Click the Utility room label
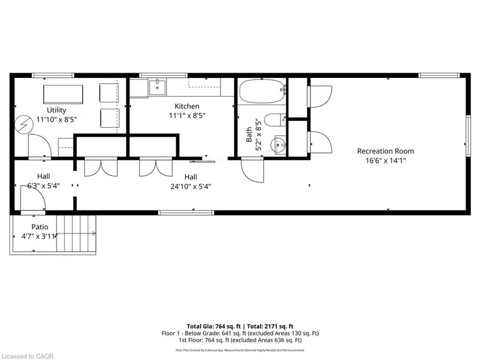[x=56, y=110]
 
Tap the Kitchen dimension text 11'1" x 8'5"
[x=187, y=116]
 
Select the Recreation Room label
[x=385, y=151]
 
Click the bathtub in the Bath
[x=262, y=91]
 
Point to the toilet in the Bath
[x=275, y=120]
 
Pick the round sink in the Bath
[x=278, y=145]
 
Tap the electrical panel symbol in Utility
[x=24, y=124]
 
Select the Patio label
[x=40, y=227]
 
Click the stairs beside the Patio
[x=76, y=233]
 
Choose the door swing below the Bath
[x=253, y=170]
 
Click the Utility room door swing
[x=40, y=146]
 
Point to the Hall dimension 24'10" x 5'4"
[x=191, y=187]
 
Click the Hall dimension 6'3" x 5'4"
[x=44, y=186]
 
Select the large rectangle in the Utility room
[x=63, y=95]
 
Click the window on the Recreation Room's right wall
[x=468, y=136]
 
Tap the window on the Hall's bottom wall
[x=186, y=212]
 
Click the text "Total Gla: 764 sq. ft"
[x=214, y=326]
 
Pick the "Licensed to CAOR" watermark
[x=27, y=357]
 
